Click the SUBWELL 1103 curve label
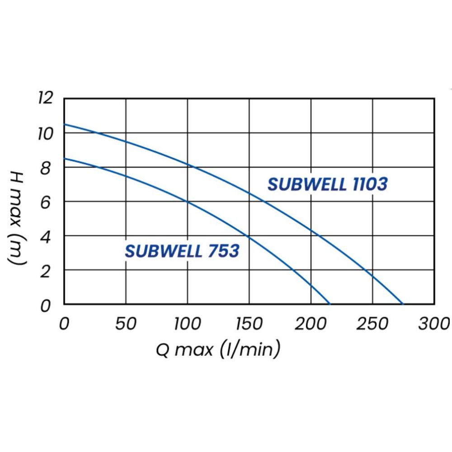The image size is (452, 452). coord(327,184)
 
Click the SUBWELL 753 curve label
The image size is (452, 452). coord(182,251)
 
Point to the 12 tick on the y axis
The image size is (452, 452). coord(46,97)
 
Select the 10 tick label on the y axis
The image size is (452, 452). coord(46,133)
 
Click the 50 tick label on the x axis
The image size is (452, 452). coord(126,324)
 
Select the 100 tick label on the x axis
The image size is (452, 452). coord(187,324)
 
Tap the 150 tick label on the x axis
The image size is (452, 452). coord(249,324)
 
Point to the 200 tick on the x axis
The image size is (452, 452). coord(311,324)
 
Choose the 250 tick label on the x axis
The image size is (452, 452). coord(372,324)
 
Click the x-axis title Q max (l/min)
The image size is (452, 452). coord(218,349)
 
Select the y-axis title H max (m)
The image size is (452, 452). coord(17,218)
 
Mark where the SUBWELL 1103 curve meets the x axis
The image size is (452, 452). coord(402,304)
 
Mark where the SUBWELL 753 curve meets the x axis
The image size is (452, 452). coord(330,304)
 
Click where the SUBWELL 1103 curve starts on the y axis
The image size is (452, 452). coord(64,124)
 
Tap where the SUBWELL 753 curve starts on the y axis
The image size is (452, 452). coord(64,158)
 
